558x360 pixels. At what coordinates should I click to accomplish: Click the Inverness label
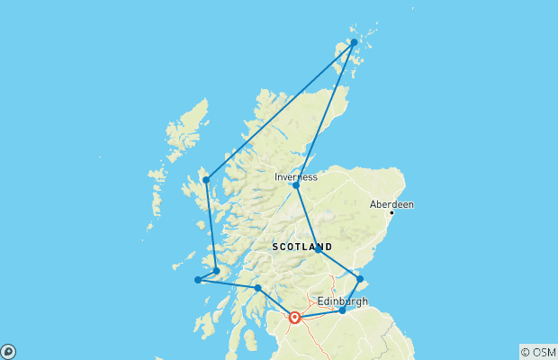(296, 177)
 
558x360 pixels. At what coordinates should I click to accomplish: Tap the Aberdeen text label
(391, 204)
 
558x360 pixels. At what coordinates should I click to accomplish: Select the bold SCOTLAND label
(301, 247)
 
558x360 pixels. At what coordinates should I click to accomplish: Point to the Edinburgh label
(343, 301)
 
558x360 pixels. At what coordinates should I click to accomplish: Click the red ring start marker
(294, 317)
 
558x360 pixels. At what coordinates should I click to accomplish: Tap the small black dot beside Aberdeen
(391, 212)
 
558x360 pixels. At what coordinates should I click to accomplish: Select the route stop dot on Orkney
(354, 42)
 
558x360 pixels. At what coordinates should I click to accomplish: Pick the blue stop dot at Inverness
(296, 185)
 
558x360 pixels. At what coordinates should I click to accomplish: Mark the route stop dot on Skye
(206, 180)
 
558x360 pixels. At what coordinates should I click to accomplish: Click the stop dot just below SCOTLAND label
(318, 250)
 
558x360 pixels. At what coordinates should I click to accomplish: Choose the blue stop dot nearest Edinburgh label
(342, 310)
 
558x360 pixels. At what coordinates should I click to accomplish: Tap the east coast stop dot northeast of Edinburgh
(360, 279)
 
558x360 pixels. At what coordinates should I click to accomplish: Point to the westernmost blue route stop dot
(198, 280)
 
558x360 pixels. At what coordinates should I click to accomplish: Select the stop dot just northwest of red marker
(258, 288)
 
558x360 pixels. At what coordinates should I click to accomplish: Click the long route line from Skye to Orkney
(280, 111)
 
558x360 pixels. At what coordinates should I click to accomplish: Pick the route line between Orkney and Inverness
(325, 113)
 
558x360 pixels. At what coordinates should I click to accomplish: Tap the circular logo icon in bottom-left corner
(8, 351)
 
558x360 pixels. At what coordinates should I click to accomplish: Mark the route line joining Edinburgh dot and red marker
(319, 314)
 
